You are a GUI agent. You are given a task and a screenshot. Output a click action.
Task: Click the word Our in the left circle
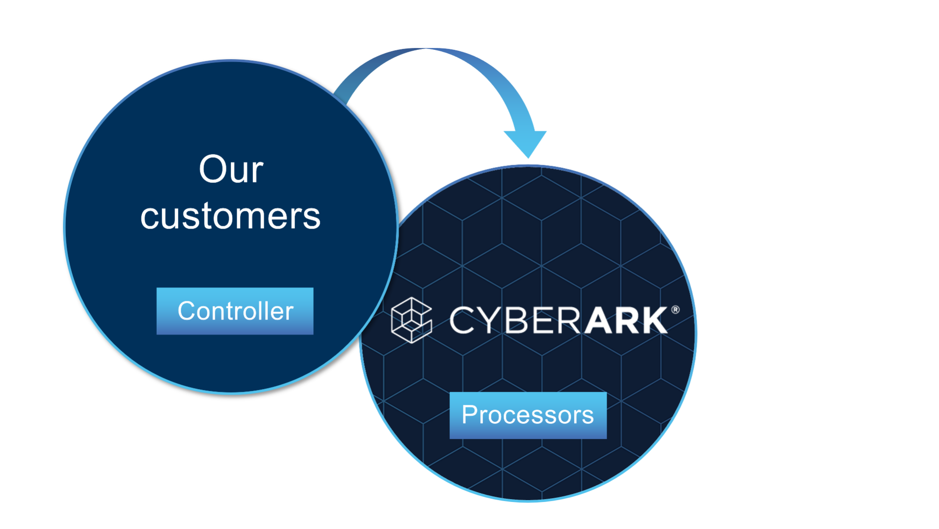pos(231,169)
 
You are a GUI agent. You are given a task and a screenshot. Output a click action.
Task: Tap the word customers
pos(231,216)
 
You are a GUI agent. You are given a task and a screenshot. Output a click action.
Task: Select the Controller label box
pos(235,311)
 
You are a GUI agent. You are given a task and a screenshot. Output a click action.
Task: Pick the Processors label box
pos(528,415)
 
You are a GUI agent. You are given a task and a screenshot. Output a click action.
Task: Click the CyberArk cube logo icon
pos(411,320)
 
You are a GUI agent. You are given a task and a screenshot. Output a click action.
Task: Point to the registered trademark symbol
pos(675,310)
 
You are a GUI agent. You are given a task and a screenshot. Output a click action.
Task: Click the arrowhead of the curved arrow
pos(526,142)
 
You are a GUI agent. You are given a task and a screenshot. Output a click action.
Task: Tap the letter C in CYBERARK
pos(462,320)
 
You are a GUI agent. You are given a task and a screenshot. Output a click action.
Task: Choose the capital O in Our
pos(213,169)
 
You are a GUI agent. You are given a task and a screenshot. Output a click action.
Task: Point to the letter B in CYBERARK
pos(517,320)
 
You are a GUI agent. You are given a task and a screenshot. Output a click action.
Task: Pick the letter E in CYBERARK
pos(542,320)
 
